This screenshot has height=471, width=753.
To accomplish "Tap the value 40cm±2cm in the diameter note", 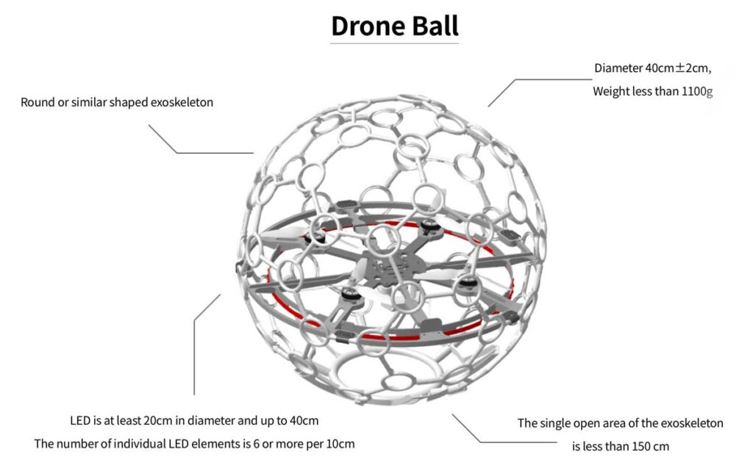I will [x=679, y=68].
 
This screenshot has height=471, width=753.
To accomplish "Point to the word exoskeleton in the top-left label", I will [x=182, y=102].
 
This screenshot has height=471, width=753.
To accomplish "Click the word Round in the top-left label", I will [x=37, y=102].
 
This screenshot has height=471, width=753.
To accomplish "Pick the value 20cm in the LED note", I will [x=157, y=421].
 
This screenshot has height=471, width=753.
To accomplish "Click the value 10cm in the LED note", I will [x=340, y=444].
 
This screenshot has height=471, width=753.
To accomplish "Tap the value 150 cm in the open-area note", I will [x=650, y=446].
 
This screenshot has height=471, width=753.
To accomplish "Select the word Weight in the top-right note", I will [x=611, y=92].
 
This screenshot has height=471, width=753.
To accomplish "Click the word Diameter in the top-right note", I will [x=618, y=68].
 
